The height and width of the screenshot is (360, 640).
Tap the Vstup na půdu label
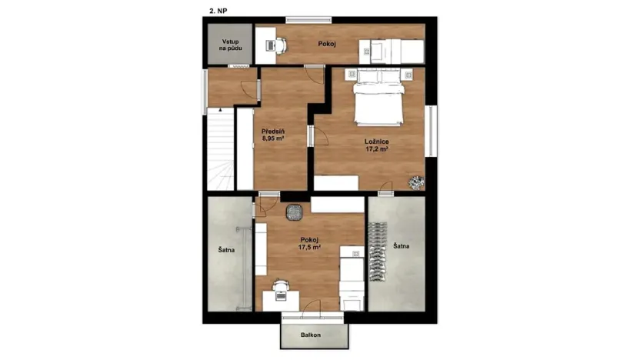(x=229, y=44)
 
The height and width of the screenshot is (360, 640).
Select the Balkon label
(x=310, y=335)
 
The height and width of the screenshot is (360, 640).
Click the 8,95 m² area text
(x=273, y=139)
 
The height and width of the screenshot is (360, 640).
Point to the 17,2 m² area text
(x=375, y=150)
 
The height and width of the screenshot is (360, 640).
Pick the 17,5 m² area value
(x=309, y=248)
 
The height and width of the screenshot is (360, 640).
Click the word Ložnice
(x=375, y=142)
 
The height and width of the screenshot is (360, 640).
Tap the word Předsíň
(x=273, y=132)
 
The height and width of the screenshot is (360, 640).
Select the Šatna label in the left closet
(x=225, y=249)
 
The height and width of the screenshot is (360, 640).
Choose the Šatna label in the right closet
(x=401, y=246)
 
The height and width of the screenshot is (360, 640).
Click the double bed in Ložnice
(x=378, y=101)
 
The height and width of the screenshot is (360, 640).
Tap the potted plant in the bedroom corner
(x=416, y=182)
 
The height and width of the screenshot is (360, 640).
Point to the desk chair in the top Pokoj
(x=279, y=45)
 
